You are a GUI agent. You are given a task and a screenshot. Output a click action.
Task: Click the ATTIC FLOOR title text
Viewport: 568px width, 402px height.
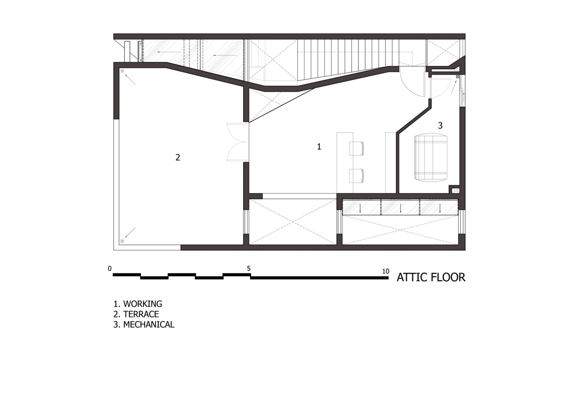[x=431, y=277]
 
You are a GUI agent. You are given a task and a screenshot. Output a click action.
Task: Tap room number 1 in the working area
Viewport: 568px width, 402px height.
[x=319, y=147]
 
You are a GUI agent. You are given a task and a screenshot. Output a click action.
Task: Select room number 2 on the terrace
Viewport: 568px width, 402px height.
[x=178, y=157]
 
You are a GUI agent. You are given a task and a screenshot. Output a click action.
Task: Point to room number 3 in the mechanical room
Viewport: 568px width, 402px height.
[x=440, y=125]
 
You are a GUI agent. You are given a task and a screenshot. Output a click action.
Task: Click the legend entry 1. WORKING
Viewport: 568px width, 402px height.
[x=138, y=304]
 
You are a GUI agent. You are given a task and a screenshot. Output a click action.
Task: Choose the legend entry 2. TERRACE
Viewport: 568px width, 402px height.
[x=136, y=314]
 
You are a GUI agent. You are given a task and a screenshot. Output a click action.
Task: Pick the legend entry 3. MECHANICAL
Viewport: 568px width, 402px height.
[x=144, y=324]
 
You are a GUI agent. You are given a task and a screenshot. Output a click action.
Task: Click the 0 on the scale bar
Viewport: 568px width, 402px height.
[x=110, y=269]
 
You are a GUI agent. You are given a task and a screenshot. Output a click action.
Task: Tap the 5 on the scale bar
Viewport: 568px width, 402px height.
[x=249, y=269]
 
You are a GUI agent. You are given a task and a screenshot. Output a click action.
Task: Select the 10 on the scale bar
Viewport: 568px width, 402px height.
[x=385, y=271]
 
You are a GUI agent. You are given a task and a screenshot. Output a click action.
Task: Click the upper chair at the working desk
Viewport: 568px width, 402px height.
[x=357, y=148]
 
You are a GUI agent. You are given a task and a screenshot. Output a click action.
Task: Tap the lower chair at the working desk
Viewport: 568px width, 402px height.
[x=357, y=175]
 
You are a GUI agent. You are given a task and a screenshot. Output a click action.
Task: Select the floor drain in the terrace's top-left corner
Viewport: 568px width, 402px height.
[x=122, y=71]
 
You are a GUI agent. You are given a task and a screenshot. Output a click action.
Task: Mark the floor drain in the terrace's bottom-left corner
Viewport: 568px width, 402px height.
[x=122, y=241]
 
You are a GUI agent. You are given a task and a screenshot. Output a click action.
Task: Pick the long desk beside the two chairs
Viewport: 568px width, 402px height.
[x=345, y=162]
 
